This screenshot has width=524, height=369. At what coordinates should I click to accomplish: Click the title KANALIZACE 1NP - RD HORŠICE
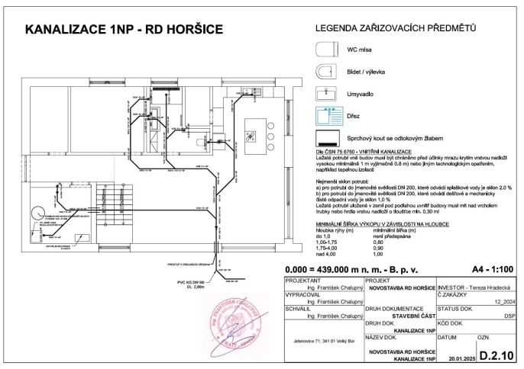124,30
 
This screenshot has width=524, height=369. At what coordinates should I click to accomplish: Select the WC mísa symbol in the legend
327,50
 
